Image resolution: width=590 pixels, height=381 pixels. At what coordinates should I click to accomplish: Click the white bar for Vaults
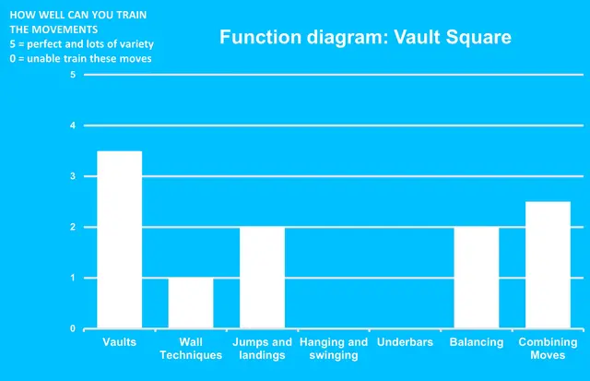point(119,240)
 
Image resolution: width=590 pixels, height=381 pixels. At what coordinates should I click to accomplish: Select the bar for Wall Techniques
point(190,304)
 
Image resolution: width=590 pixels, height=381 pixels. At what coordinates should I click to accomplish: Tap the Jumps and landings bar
point(262,278)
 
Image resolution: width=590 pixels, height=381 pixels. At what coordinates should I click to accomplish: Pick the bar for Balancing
point(477,278)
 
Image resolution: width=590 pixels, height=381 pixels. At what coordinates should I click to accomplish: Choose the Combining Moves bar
point(548,265)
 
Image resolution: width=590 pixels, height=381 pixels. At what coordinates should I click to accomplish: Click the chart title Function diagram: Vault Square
point(365,38)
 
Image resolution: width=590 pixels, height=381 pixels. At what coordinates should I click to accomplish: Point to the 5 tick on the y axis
point(73,75)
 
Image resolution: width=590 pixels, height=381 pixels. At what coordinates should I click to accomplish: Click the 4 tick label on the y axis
point(73,125)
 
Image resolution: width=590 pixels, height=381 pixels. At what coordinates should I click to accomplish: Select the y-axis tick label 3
point(73,176)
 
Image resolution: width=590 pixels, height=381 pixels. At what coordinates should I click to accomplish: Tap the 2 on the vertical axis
point(73,227)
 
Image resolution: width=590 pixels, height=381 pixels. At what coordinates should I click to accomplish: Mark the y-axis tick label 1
point(73,278)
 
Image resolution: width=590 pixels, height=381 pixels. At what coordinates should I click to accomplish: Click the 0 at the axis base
point(73,328)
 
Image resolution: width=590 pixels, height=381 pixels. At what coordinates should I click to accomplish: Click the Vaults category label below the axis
point(119,342)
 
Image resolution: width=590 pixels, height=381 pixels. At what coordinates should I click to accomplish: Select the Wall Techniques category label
point(190,349)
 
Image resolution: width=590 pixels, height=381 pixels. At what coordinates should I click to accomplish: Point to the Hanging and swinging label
point(334,349)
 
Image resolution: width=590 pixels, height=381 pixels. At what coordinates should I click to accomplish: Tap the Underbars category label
point(405,342)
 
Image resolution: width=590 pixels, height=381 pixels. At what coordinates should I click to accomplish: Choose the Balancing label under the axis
point(477,342)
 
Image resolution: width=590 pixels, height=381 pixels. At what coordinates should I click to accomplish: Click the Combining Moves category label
point(548,349)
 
